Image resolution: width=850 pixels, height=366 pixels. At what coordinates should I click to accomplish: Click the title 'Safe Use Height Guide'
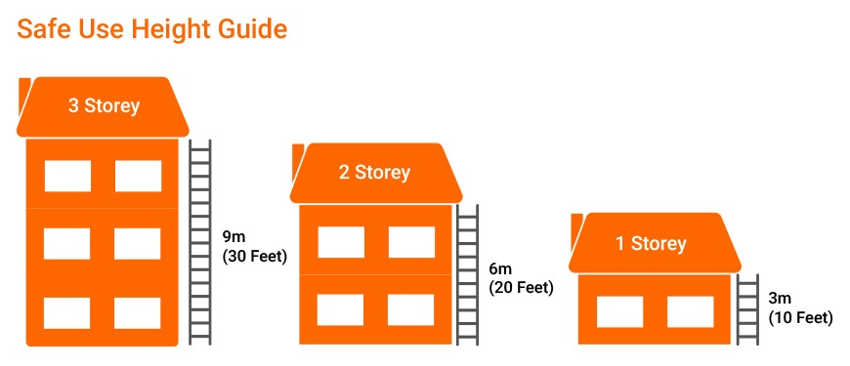click(152, 29)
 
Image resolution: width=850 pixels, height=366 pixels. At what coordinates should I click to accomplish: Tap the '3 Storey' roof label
click(104, 105)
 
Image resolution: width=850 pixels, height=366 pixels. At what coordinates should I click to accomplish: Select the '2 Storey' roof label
click(374, 173)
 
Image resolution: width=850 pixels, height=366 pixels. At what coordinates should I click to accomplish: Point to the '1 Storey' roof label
click(651, 243)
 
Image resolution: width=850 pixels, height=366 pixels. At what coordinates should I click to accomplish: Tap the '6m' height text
click(500, 268)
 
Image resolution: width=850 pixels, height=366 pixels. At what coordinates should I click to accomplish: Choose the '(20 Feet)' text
click(521, 288)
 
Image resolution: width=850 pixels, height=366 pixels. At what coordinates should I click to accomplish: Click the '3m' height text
click(780, 298)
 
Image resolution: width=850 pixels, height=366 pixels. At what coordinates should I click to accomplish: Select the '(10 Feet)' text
click(800, 317)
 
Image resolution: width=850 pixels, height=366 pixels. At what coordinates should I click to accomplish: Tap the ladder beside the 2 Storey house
click(467, 273)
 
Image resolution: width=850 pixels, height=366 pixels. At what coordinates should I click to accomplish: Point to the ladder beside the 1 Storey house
click(747, 307)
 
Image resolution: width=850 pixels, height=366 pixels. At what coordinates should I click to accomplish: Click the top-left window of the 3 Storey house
click(67, 176)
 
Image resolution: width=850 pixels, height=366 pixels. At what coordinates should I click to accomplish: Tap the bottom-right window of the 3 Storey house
click(138, 312)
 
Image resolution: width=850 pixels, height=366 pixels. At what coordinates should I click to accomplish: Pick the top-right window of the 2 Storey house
click(410, 242)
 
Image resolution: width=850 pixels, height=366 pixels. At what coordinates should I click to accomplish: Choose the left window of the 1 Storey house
click(619, 311)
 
